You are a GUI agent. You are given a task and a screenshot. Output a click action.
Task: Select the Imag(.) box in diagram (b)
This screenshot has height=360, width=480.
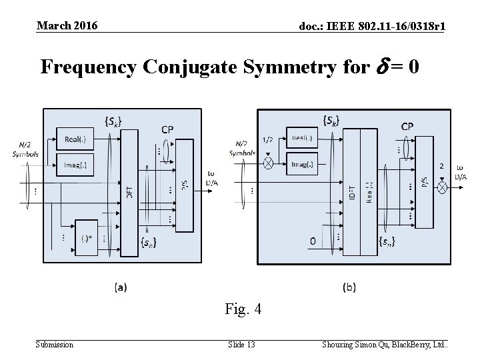click(304, 162)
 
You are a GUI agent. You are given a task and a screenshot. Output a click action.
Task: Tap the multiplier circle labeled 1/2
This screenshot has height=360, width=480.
click(269, 161)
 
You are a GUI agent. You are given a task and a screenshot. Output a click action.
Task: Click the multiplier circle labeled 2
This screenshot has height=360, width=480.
click(441, 189)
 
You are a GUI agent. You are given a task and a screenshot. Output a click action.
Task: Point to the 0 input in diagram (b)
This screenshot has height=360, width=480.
click(313, 241)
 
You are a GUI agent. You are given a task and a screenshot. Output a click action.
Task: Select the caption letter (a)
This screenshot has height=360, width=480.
click(121, 287)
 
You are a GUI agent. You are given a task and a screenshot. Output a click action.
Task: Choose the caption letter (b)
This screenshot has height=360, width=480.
click(349, 287)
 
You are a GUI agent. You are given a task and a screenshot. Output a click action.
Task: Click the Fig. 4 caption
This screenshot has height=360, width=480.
click(243, 309)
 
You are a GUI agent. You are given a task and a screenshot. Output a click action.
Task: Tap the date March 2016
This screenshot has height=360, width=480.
click(67, 26)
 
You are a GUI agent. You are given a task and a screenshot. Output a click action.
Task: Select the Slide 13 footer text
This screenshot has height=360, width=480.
click(241, 344)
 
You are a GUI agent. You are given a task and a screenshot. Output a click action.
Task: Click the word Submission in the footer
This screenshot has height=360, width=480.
click(55, 344)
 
